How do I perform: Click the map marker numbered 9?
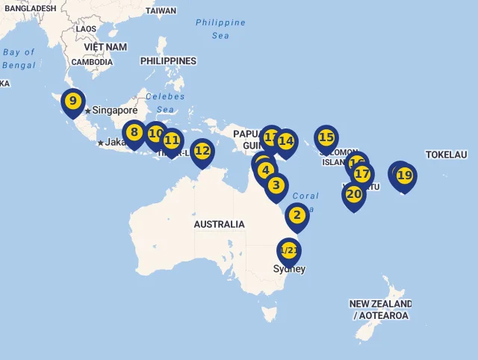(x=72, y=102)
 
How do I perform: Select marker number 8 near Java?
(x=134, y=134)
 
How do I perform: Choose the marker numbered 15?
(x=326, y=138)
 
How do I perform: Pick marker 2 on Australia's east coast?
(x=297, y=216)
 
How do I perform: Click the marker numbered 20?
(x=353, y=195)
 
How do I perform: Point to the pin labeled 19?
(x=404, y=176)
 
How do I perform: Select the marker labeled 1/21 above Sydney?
(x=288, y=251)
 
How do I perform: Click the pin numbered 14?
(x=285, y=141)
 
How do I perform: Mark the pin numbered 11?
(x=172, y=140)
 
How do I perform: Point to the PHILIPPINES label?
(x=168, y=61)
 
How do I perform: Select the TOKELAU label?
(x=446, y=155)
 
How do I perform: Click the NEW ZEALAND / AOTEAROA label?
(x=380, y=310)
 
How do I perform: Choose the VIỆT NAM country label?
(x=105, y=46)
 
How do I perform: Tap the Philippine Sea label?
(x=220, y=28)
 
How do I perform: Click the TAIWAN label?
(x=161, y=11)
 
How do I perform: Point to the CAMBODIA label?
(x=92, y=62)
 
